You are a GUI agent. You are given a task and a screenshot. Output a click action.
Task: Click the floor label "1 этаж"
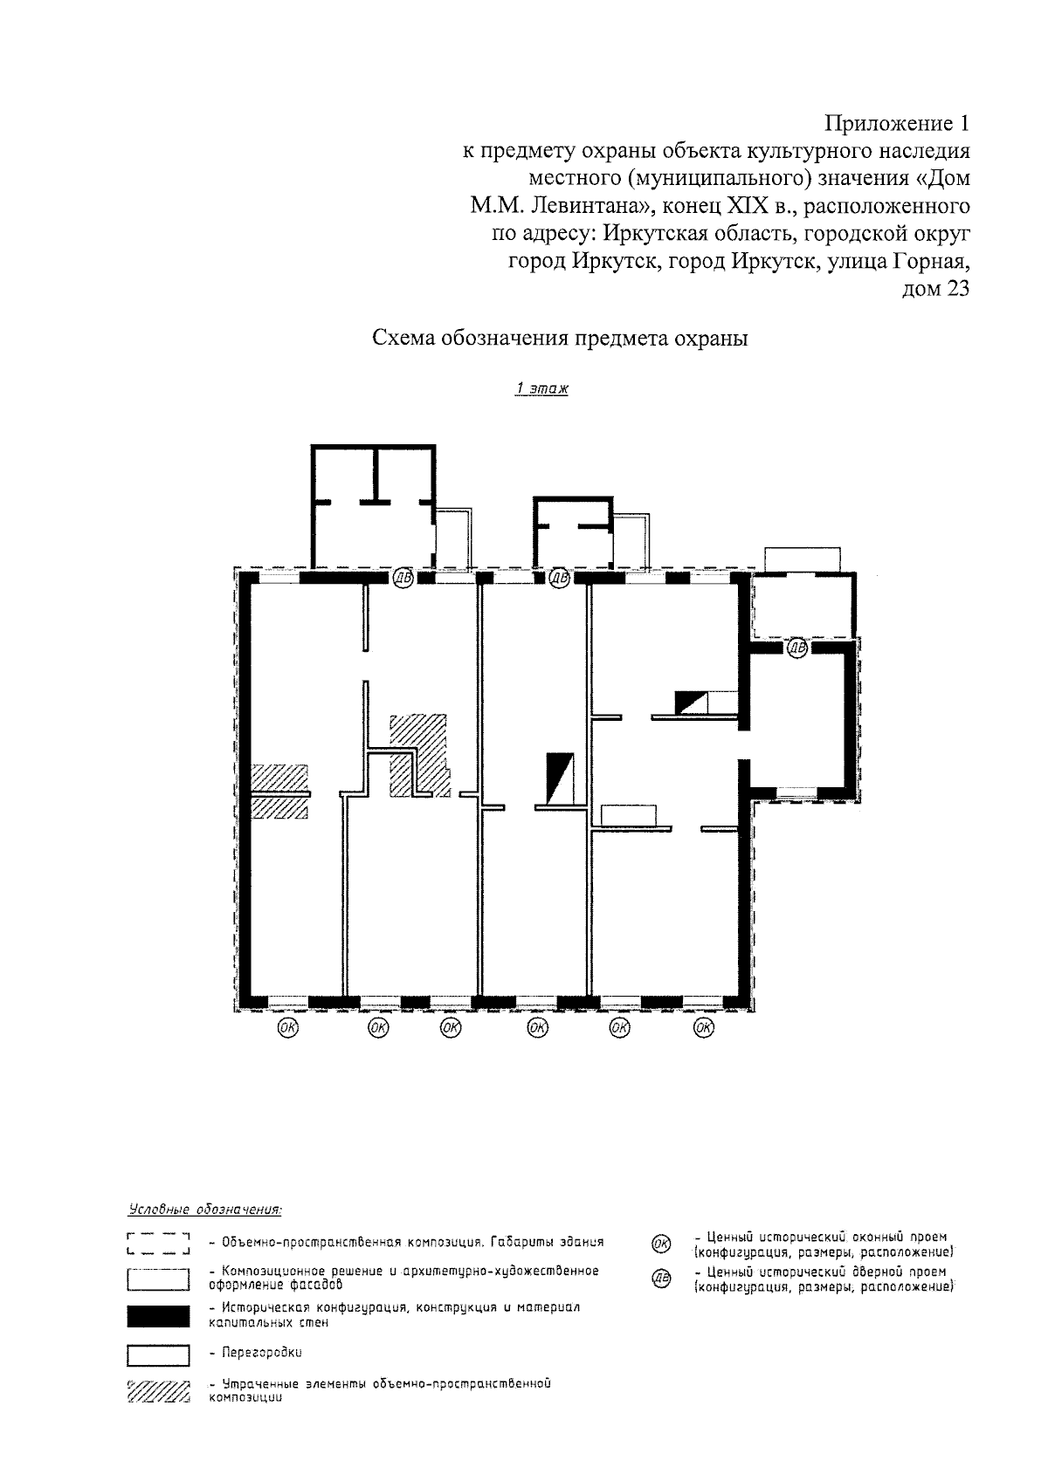[x=541, y=388]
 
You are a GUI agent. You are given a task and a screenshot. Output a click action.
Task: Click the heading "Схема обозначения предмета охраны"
[x=560, y=338]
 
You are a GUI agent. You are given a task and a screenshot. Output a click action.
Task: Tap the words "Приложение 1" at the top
[x=897, y=124]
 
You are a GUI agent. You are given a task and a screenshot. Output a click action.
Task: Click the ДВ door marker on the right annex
[x=797, y=648]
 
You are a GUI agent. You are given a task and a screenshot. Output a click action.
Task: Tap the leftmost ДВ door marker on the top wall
[x=403, y=579]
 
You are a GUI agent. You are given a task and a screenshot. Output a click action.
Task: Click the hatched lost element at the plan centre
[x=419, y=756]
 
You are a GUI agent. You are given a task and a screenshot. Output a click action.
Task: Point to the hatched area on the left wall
[x=279, y=792]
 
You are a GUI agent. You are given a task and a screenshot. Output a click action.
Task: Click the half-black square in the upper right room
[x=691, y=703]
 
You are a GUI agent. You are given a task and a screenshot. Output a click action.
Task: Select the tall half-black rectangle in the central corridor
[x=560, y=778]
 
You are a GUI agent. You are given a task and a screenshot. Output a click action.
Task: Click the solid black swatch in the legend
[x=158, y=1316]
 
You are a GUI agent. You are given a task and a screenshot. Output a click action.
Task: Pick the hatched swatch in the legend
[x=158, y=1390]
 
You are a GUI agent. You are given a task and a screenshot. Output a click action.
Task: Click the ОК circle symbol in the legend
[x=661, y=1243]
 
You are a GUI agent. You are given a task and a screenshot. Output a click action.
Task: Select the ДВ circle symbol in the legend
[x=661, y=1279]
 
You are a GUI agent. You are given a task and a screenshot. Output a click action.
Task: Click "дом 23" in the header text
[x=936, y=289]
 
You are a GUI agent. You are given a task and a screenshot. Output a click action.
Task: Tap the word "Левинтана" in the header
[x=585, y=206]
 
